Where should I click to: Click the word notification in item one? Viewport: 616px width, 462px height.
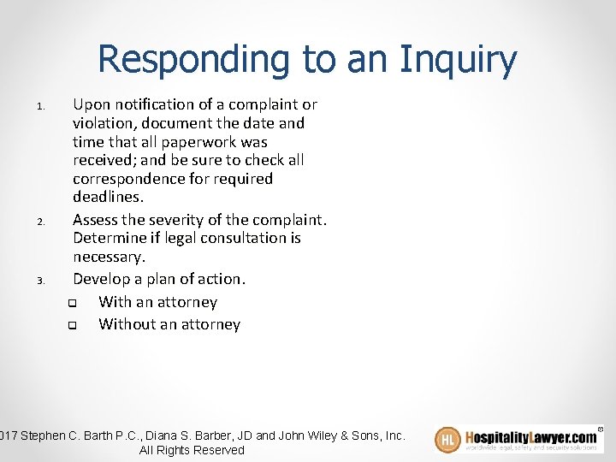pos(150,104)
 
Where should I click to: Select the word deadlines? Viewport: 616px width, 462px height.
pos(108,198)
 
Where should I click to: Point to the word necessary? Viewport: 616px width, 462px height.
pos(109,257)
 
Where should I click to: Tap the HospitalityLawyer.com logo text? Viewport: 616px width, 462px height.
pos(530,435)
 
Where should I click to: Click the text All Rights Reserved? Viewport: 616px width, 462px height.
pos(192,450)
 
